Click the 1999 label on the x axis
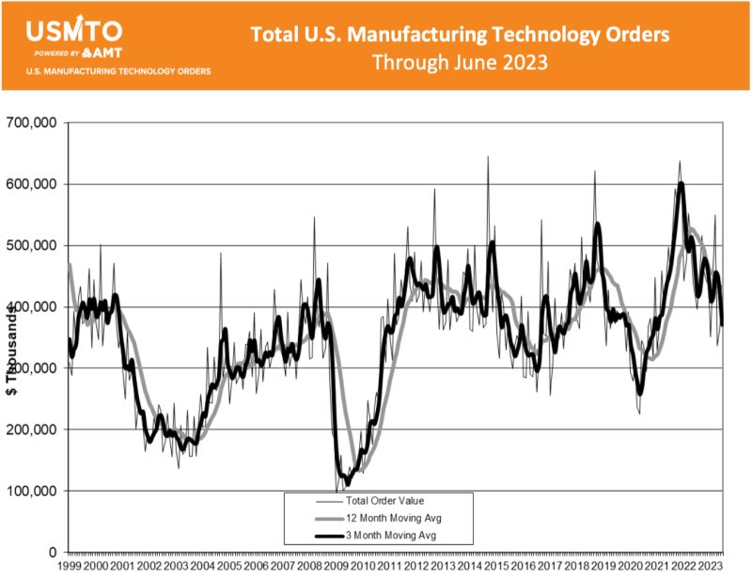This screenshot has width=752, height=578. (70, 568)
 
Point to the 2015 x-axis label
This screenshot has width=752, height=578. (497, 568)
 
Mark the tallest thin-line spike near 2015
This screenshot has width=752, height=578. (487, 157)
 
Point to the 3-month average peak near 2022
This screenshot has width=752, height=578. (681, 184)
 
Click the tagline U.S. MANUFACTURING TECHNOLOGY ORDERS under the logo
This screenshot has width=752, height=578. (118, 70)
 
